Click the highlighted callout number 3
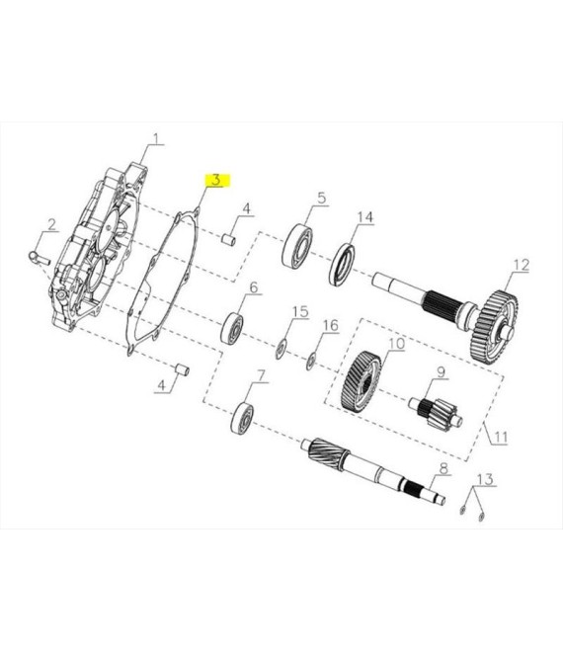216,180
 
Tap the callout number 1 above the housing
156,138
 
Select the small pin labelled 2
40,257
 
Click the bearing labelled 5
297,246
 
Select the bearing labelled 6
232,329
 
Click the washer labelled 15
281,349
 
